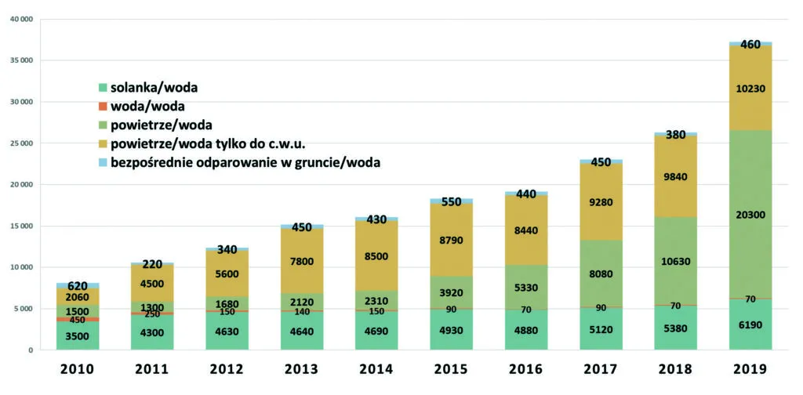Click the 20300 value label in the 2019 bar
tap(750, 216)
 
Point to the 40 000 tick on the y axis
tap(20, 19)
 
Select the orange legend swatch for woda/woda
tap(102, 106)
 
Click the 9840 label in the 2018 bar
tap(675, 177)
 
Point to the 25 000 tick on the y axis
tap(20, 143)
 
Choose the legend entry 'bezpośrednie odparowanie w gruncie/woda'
tap(245, 163)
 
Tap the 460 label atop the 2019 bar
tap(750, 45)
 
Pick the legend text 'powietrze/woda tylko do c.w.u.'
tap(208, 143)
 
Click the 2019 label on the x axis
tap(750, 370)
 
